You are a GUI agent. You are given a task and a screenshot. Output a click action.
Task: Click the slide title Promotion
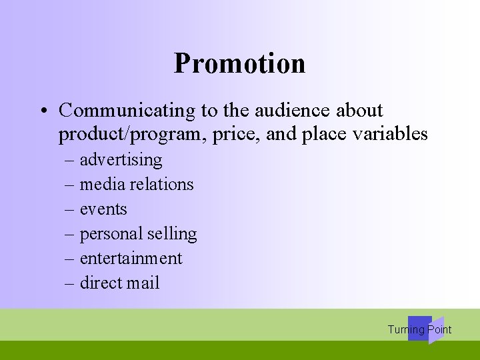pyautogui.click(x=239, y=63)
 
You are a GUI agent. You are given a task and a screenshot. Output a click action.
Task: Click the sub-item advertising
pyautogui.click(x=121, y=160)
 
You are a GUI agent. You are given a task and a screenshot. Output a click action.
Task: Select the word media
pyautogui.click(x=101, y=185)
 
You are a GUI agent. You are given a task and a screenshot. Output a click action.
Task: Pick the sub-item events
pyautogui.click(x=103, y=209)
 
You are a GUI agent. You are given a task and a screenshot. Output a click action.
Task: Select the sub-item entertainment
pyautogui.click(x=131, y=259)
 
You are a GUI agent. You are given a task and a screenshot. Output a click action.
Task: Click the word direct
pyautogui.click(x=101, y=283)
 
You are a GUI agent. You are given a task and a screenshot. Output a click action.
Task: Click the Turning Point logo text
pyautogui.click(x=419, y=329)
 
